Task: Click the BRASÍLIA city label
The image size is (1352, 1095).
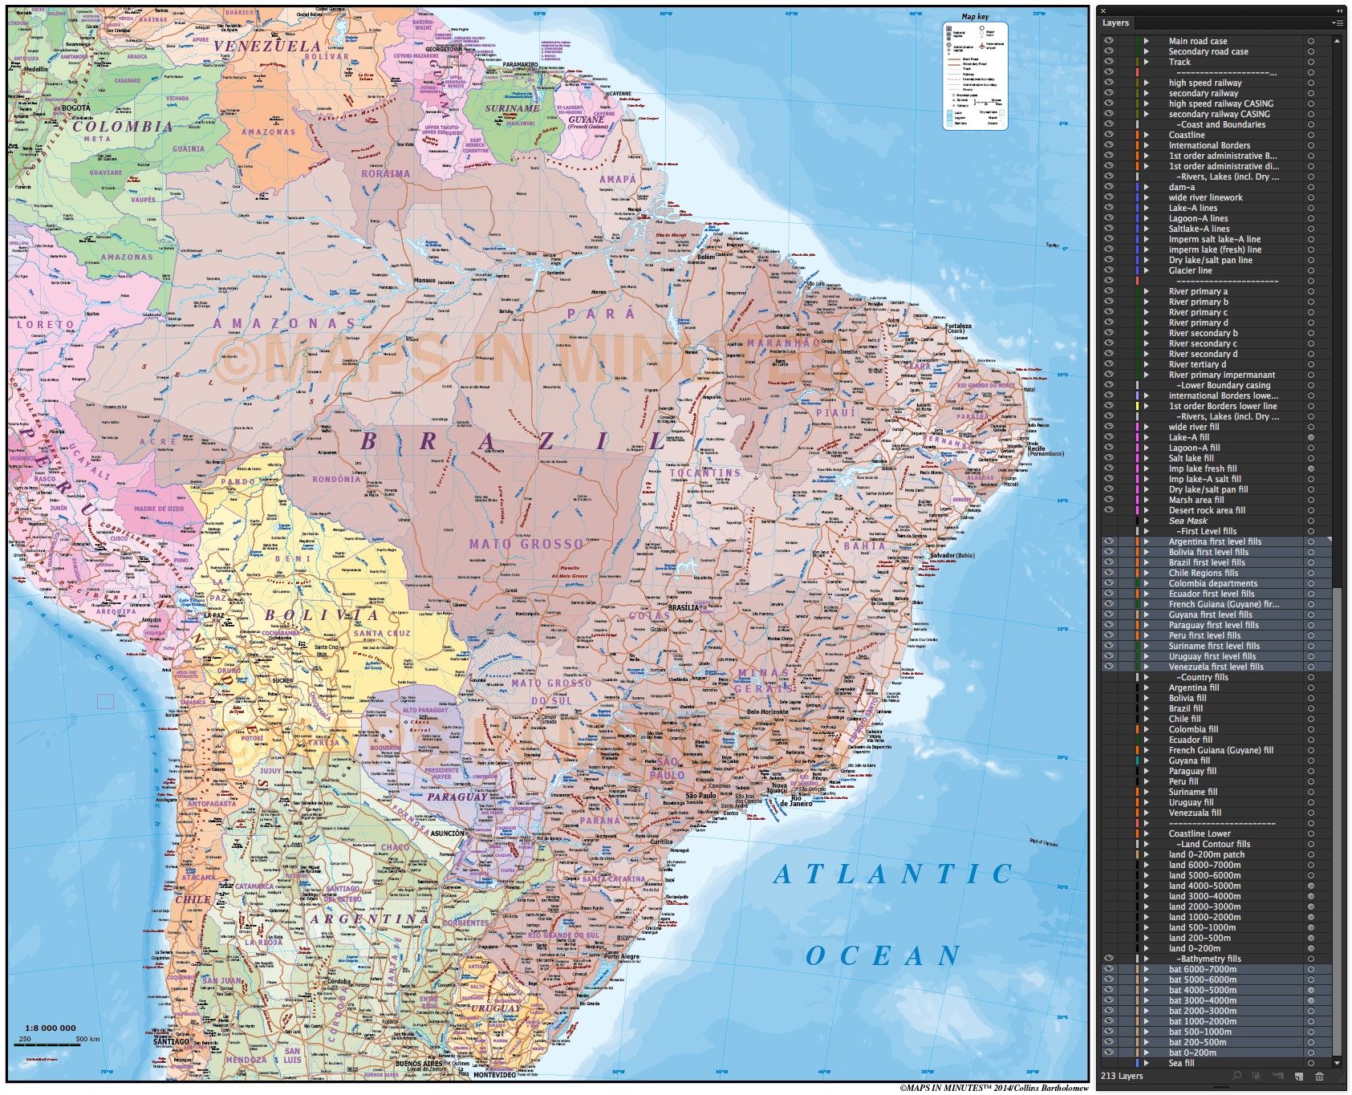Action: click(684, 607)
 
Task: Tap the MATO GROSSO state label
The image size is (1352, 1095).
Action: click(526, 544)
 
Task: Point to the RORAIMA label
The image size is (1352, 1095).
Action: click(385, 173)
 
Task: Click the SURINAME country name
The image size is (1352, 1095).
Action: click(512, 108)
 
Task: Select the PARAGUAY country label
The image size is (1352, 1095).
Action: click(457, 797)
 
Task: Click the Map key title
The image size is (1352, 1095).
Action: click(975, 17)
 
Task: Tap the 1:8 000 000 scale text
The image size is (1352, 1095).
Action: click(51, 1028)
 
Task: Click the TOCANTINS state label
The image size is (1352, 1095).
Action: click(705, 472)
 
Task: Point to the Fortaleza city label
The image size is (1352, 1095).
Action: click(958, 326)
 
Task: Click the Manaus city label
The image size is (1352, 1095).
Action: click(424, 281)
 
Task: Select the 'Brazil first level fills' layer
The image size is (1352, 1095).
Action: click(1207, 562)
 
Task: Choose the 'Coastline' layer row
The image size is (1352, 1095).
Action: click(1187, 135)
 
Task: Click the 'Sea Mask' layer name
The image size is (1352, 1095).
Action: click(1188, 521)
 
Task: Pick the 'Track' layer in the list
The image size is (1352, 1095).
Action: click(1179, 62)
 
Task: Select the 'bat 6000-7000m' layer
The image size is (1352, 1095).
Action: click(1202, 969)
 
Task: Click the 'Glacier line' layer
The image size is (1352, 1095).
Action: click(1190, 270)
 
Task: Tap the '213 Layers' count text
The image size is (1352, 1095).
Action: click(1122, 1076)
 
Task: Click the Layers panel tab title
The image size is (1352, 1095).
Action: click(1115, 22)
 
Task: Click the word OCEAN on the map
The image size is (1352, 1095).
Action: click(883, 955)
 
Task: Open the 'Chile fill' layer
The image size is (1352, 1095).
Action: click(1184, 719)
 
